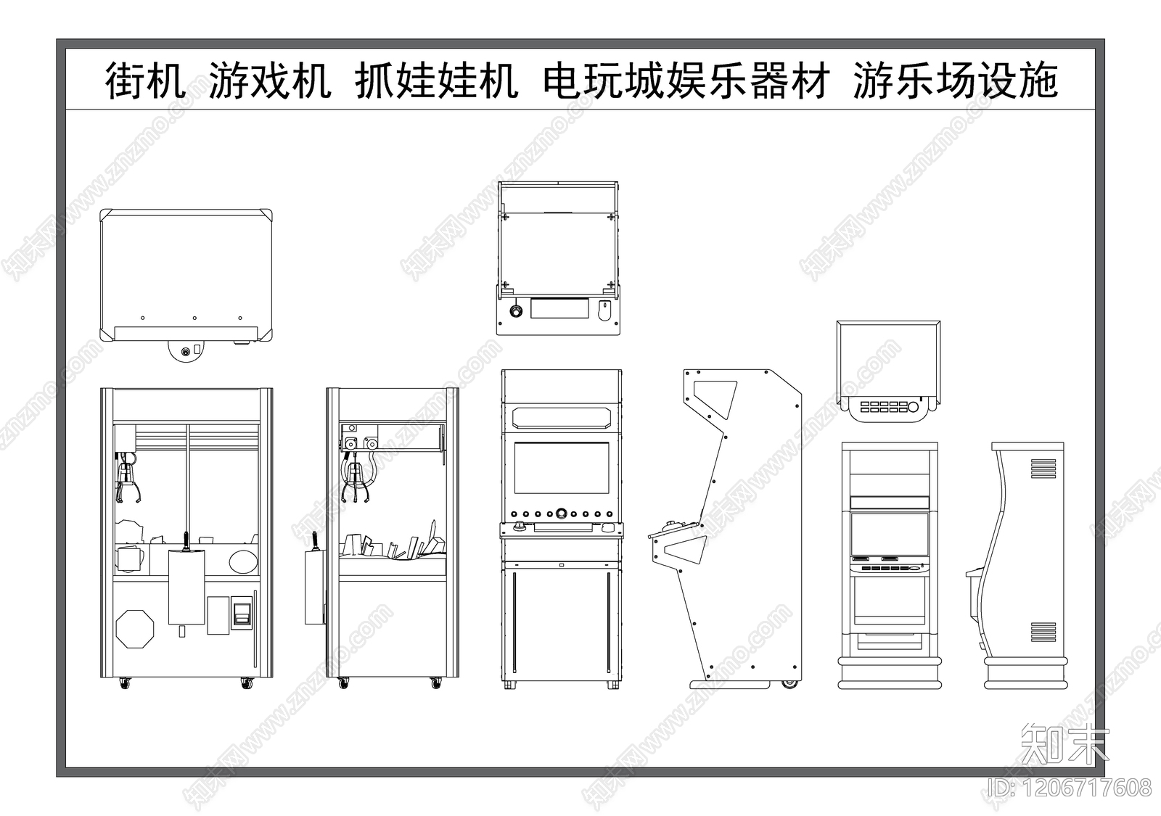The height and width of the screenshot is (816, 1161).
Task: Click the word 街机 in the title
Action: point(146,80)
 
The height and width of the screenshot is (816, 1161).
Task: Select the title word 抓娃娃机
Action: point(437,80)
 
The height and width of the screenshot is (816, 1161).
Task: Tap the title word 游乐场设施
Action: point(955,80)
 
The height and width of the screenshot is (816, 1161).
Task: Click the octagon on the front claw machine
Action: point(135,628)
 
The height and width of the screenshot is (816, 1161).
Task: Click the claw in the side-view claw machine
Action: point(358,482)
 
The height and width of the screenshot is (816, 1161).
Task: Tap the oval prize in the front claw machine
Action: point(242,561)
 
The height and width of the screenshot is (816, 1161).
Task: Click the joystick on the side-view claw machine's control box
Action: point(315,543)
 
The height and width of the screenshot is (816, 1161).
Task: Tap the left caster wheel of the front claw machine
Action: point(126,683)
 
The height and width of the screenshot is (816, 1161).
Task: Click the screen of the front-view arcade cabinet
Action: point(561,469)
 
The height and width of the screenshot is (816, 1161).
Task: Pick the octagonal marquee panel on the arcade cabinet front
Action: point(561,418)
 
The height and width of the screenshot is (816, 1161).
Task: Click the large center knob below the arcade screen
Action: point(561,514)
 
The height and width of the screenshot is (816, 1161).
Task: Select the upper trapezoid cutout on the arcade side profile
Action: point(715,398)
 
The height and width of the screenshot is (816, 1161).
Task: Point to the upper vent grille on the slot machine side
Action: point(1043,469)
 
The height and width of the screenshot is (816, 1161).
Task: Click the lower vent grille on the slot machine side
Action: point(1043,632)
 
